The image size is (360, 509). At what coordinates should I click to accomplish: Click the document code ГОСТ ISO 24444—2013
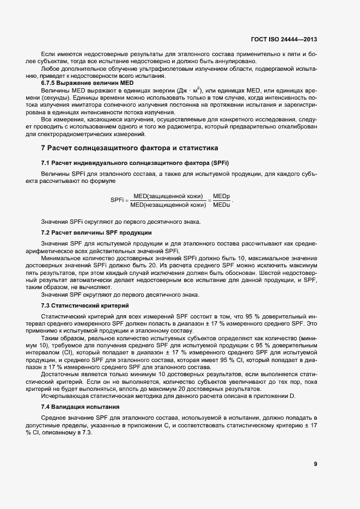click(x=283, y=40)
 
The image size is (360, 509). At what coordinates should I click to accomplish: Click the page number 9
click(x=315, y=464)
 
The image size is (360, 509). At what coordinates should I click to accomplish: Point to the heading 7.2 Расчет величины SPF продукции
click(x=96, y=232)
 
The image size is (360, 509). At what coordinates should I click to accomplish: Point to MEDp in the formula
click(x=221, y=196)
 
